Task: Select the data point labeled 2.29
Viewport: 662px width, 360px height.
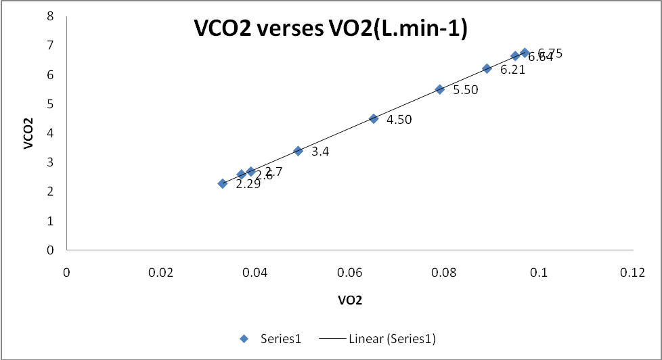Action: click(222, 183)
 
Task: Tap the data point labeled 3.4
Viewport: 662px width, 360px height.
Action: click(298, 151)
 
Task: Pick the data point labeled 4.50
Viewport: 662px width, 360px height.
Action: click(374, 118)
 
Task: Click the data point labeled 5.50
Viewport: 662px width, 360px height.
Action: click(439, 89)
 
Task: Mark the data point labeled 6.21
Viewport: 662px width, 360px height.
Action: click(487, 68)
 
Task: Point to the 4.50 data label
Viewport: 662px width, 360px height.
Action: click(399, 120)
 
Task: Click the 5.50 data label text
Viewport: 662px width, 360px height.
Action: click(466, 90)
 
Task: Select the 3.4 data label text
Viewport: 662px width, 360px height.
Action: click(320, 152)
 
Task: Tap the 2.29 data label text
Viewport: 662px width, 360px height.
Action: click(248, 184)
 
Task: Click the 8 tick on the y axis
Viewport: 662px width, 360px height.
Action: click(50, 16)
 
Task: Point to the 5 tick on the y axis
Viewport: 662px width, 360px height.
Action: click(50, 104)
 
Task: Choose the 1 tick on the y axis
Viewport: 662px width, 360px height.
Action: click(50, 221)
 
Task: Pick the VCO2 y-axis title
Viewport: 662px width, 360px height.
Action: click(29, 133)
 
